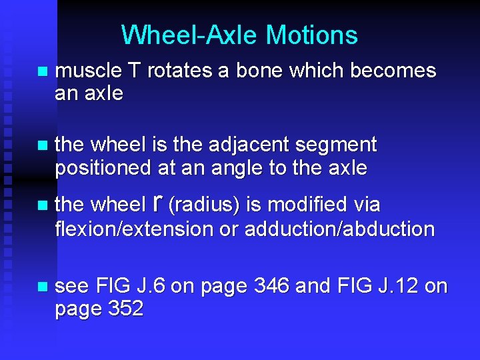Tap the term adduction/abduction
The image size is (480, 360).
339,229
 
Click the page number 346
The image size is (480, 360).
273,287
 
